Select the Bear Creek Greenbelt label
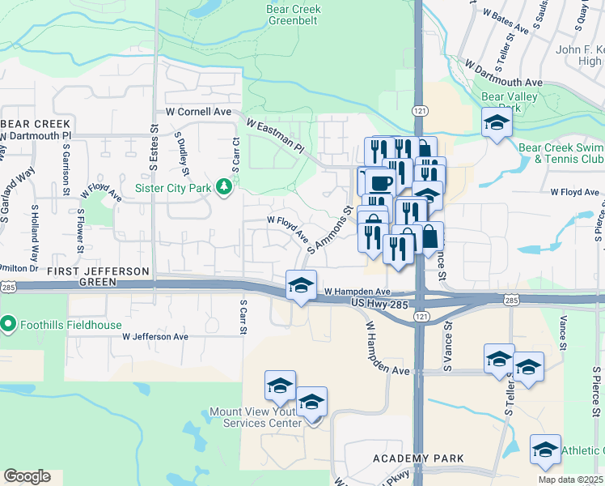(x=293, y=15)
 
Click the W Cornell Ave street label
(x=198, y=112)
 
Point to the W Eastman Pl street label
(x=274, y=137)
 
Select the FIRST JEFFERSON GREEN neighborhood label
(x=98, y=276)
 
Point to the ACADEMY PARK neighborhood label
(x=418, y=458)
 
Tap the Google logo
(x=27, y=475)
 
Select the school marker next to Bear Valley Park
(x=497, y=123)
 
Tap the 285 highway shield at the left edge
(x=6, y=286)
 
